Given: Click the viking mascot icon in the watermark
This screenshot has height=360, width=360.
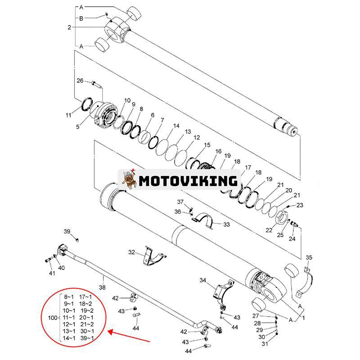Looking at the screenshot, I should tap(129, 180).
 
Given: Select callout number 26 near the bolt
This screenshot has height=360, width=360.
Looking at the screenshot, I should tap(80, 81).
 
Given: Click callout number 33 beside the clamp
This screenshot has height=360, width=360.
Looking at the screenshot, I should tap(226, 224).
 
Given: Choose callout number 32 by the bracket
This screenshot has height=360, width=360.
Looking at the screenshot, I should tap(131, 252).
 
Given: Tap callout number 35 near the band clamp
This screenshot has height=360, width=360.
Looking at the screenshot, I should tap(309, 257).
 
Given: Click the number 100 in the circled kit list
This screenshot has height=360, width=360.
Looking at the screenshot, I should tap(53, 318).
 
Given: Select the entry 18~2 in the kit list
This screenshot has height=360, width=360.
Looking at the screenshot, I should tap(86, 304).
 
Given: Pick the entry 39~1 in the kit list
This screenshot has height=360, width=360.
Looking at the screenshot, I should tap(87, 338).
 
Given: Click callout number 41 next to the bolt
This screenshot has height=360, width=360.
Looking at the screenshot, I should tap(52, 273).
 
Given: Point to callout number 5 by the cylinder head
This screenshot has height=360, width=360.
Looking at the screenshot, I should tap(77, 127).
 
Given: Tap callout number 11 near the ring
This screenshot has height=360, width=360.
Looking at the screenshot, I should tap(68, 115).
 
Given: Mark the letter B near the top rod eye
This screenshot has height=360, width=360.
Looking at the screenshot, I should tap(81, 18).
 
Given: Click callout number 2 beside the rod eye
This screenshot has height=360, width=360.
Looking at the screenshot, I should tap(69, 27).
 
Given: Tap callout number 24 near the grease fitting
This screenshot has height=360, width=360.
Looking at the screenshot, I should tap(292, 239).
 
